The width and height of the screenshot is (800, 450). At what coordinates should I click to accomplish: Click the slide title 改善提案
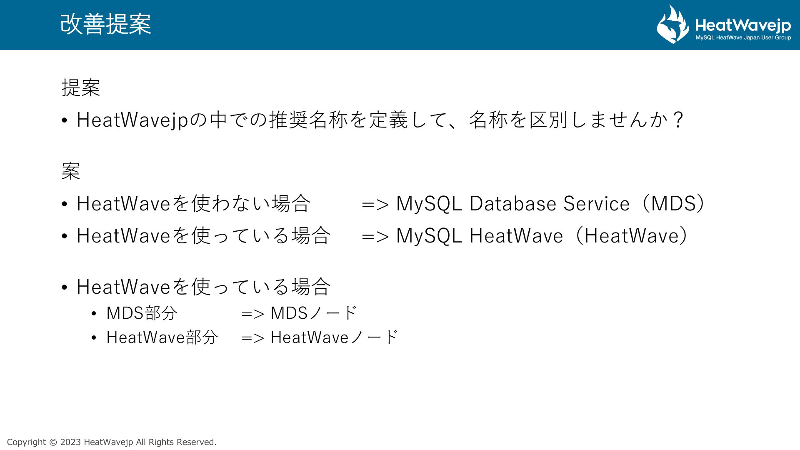[x=106, y=24]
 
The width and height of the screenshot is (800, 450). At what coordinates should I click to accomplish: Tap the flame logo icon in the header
[x=673, y=24]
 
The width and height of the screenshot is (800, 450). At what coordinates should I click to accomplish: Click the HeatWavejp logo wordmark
[x=743, y=26]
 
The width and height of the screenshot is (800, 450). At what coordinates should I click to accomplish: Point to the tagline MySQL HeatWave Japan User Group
[x=743, y=38]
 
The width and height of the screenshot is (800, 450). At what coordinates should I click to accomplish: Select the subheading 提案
[x=81, y=87]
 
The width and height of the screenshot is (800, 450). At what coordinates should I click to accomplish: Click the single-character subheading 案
[x=71, y=171]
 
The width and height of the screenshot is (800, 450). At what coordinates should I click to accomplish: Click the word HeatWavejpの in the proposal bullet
[x=142, y=120]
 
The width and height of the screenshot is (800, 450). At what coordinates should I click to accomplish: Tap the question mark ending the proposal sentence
[x=678, y=120]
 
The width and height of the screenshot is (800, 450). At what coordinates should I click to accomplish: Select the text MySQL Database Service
[x=513, y=203]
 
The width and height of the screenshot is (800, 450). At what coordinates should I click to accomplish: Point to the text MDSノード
[x=314, y=313]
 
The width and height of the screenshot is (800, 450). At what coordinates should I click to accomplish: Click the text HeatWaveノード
[x=335, y=337]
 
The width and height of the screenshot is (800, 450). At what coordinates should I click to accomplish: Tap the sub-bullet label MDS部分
[x=142, y=313]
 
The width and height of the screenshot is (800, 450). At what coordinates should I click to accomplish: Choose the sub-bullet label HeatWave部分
[x=162, y=337]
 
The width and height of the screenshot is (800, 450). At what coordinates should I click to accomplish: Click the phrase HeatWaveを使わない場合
[x=194, y=203]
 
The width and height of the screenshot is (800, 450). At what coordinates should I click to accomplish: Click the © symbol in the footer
[x=53, y=442]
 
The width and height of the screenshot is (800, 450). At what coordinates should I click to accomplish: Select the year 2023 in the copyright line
[x=71, y=442]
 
